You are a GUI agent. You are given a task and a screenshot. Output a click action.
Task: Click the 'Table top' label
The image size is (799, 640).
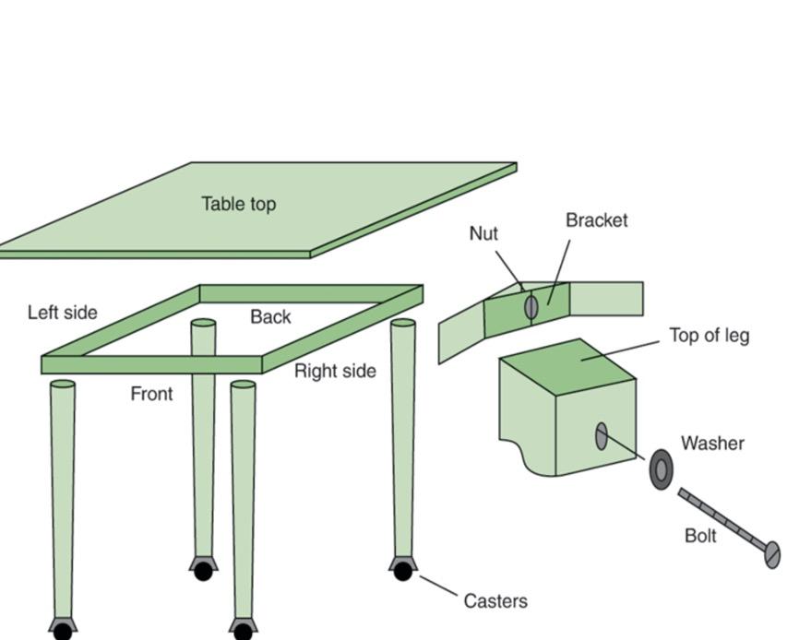[238, 204]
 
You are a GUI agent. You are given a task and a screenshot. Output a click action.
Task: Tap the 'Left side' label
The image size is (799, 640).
[62, 313]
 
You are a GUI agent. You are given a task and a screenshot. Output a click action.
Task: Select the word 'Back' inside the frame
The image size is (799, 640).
[270, 317]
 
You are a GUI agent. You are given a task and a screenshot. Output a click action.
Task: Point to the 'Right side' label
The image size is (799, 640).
[335, 371]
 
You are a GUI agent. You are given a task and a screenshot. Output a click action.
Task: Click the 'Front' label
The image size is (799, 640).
[151, 394]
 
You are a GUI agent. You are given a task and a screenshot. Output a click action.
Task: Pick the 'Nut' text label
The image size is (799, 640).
[483, 233]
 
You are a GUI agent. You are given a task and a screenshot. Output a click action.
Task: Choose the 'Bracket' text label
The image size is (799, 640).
[596, 220]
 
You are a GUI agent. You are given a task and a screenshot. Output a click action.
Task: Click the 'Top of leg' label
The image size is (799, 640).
[709, 336]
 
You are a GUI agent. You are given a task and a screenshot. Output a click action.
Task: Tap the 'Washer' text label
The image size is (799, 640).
[712, 444]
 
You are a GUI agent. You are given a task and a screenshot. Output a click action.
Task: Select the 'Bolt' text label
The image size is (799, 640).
[700, 536]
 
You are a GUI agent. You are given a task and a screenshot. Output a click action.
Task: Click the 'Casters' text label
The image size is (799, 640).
[495, 601]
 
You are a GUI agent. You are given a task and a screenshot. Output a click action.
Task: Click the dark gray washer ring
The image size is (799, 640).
[662, 469]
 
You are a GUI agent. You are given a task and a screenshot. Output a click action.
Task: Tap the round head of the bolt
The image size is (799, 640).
[772, 554]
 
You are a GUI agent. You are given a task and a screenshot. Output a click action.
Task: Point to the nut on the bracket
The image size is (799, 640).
[531, 306]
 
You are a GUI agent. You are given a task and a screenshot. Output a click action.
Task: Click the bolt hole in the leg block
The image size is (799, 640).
[602, 436]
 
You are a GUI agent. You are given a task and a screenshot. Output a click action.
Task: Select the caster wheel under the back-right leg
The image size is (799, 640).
[402, 572]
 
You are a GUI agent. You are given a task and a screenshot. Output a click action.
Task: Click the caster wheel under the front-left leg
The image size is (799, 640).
[63, 632]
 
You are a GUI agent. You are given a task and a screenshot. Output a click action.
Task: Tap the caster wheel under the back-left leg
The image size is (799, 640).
[203, 572]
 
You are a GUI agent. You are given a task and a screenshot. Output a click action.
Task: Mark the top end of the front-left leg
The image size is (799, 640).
[63, 384]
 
